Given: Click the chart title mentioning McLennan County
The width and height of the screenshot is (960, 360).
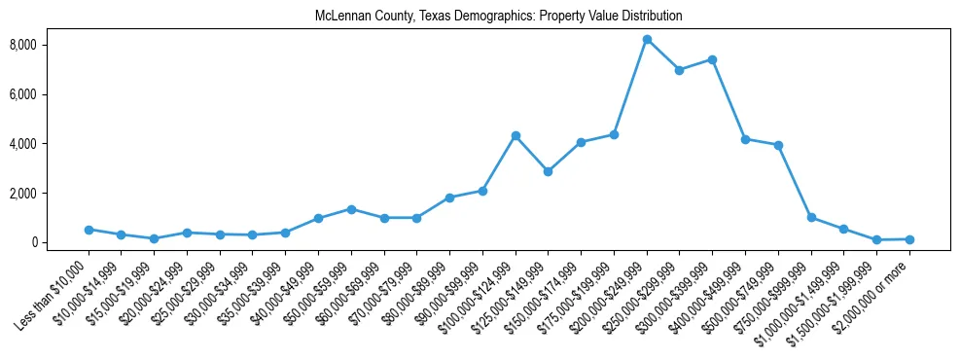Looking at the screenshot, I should click(x=498, y=17).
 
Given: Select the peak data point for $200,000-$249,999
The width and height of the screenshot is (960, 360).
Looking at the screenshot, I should click(x=647, y=39).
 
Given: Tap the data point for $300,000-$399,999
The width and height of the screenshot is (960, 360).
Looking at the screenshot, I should click(x=712, y=59).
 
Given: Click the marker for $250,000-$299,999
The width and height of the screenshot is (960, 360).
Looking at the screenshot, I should click(x=680, y=70).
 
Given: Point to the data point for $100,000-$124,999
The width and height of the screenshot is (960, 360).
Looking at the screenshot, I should click(x=516, y=135).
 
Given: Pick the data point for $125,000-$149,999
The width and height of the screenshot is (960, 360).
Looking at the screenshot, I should click(x=549, y=171).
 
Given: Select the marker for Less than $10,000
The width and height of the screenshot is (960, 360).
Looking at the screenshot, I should click(x=89, y=230).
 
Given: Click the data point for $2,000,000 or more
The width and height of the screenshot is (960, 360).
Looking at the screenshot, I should click(x=909, y=239).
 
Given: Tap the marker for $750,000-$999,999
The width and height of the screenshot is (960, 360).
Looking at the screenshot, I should click(x=811, y=217).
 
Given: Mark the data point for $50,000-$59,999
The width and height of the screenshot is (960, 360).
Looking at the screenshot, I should click(x=351, y=209).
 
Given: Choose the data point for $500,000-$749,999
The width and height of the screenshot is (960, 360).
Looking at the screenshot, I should click(x=778, y=145).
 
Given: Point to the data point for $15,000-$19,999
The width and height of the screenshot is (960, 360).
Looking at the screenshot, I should click(x=155, y=238).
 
